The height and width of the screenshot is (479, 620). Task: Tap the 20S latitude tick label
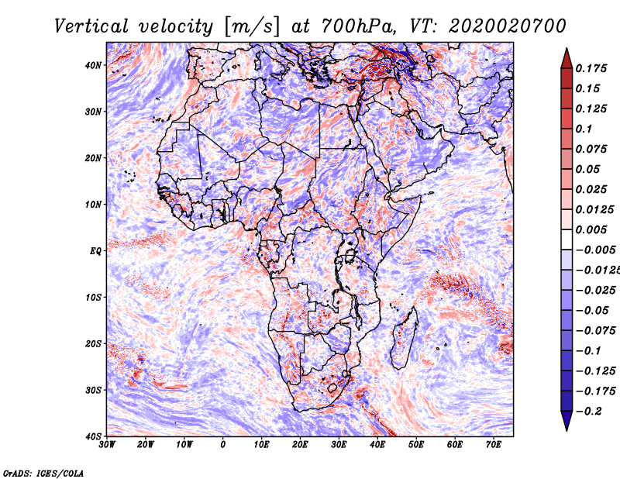tap(94, 343)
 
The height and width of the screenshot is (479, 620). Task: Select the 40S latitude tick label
tap(94, 436)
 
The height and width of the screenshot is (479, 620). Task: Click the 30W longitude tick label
tap(107, 445)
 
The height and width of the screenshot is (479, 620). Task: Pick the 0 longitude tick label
tap(223, 445)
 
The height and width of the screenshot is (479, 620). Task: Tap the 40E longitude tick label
tap(377, 445)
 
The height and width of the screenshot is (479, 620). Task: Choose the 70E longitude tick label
tap(494, 445)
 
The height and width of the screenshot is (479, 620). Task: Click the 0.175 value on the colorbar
tap(592, 68)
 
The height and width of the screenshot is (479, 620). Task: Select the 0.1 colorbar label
tap(584, 129)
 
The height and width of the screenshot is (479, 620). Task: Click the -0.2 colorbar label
tap(589, 411)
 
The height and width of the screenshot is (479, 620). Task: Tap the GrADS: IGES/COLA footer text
tap(43, 472)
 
